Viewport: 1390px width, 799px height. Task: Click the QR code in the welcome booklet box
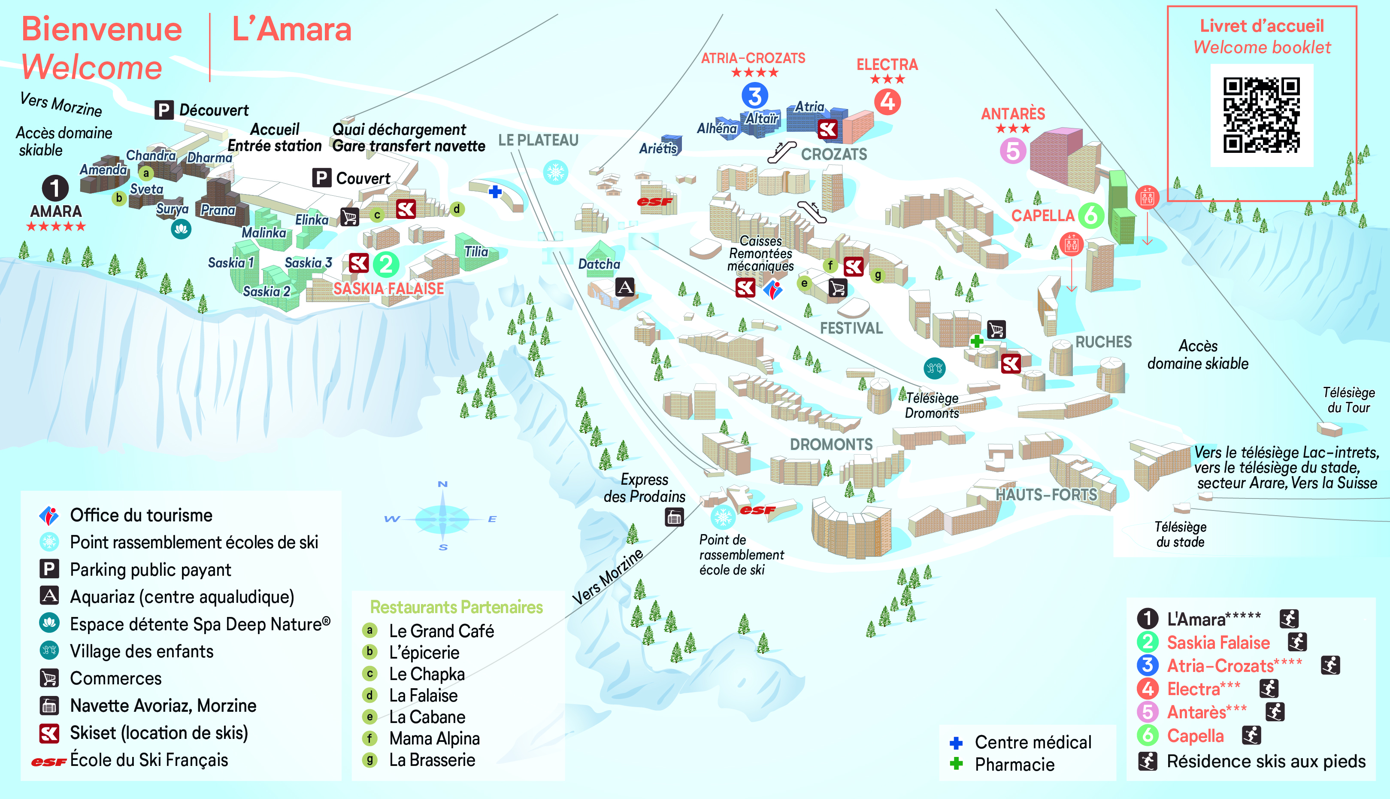coord(1262,115)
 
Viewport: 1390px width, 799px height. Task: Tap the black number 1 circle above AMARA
coord(55,188)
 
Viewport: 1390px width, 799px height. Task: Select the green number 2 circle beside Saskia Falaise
coord(386,264)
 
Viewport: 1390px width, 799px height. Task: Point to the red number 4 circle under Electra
coord(887,101)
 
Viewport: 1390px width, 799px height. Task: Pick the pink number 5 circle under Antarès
coord(1013,150)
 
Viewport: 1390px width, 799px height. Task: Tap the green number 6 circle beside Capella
coord(1091,216)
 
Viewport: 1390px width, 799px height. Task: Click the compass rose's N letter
coord(443,484)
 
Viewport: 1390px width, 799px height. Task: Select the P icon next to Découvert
coord(164,110)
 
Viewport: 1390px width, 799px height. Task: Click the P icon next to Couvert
coord(321,178)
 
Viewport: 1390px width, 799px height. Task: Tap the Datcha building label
coord(599,264)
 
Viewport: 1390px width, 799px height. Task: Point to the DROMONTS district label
coord(831,444)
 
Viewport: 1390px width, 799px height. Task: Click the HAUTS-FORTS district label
coord(1047,495)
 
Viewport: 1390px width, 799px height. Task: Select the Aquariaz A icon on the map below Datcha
coord(625,287)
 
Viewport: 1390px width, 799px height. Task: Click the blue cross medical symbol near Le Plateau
coord(495,191)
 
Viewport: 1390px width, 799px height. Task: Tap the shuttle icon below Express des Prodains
coord(674,517)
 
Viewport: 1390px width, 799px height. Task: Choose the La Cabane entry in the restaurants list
coord(427,717)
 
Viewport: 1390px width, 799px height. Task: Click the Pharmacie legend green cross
coord(956,763)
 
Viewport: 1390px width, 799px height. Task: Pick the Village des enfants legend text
coord(142,651)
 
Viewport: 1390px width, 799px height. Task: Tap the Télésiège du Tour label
coord(1348,400)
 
